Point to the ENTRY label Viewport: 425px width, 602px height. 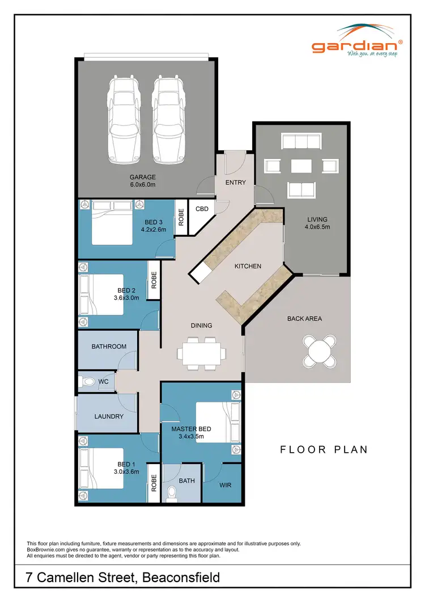coord(235,182)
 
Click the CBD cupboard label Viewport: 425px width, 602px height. coord(202,209)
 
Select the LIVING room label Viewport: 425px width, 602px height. coord(317,220)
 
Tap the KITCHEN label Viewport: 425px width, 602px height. coord(248,266)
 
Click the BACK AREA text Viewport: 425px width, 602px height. coord(304,319)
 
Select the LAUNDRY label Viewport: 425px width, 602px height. coord(109,416)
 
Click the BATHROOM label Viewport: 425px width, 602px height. coord(109,346)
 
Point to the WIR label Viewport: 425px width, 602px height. coord(225,485)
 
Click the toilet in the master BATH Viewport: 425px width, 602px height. coord(171,493)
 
